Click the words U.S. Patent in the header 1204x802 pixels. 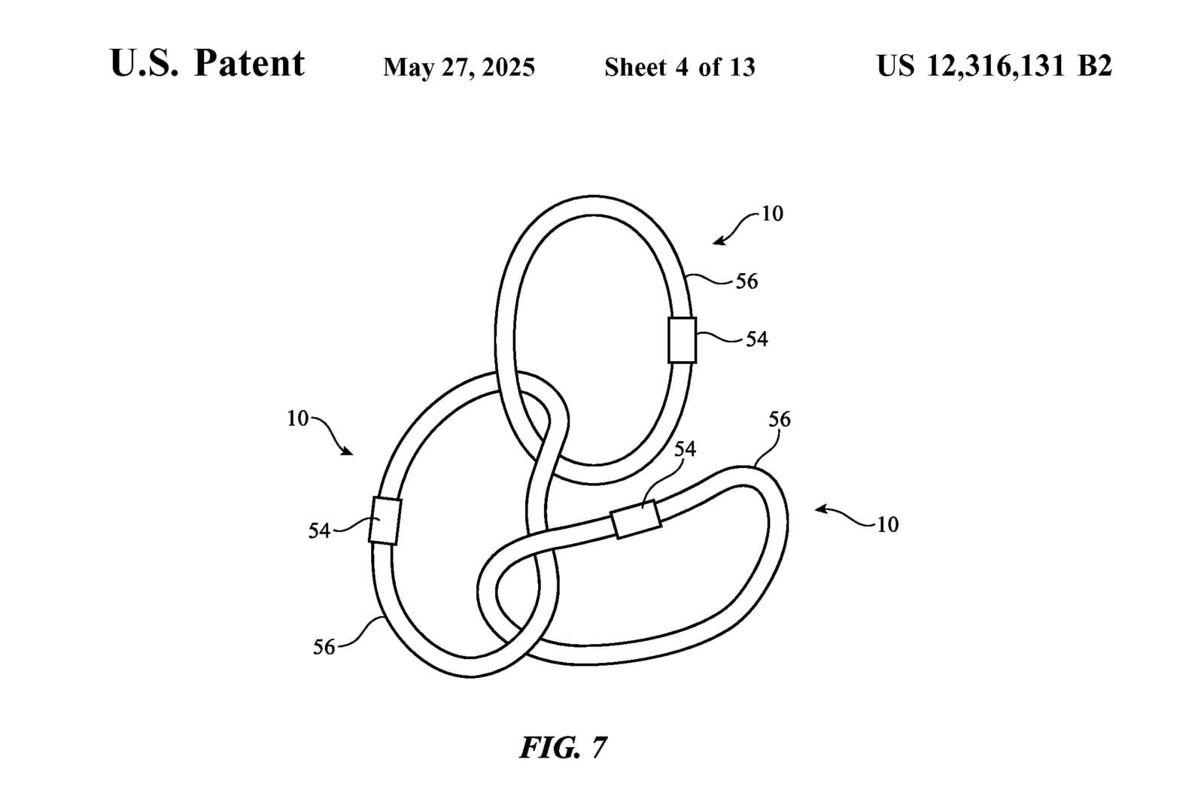click(x=208, y=63)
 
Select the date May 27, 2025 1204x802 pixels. click(x=459, y=68)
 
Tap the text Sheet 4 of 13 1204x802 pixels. click(x=680, y=67)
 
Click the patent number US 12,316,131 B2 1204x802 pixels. click(x=994, y=66)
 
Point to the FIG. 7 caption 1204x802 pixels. click(x=564, y=747)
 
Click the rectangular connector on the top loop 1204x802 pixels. click(x=682, y=340)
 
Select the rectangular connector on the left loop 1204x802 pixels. click(x=385, y=521)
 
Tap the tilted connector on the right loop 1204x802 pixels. click(x=636, y=519)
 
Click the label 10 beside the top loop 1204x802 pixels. click(x=772, y=214)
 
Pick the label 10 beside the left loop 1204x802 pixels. click(x=298, y=419)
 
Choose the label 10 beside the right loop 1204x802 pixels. click(x=887, y=524)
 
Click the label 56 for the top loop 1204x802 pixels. click(x=746, y=281)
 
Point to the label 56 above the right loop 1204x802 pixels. click(x=780, y=419)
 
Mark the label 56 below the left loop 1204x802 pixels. click(x=324, y=648)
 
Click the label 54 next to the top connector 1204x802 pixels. click(x=757, y=339)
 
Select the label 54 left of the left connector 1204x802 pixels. click(x=319, y=531)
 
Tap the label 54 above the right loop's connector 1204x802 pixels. click(x=685, y=449)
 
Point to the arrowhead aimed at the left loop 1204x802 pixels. click(x=347, y=451)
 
